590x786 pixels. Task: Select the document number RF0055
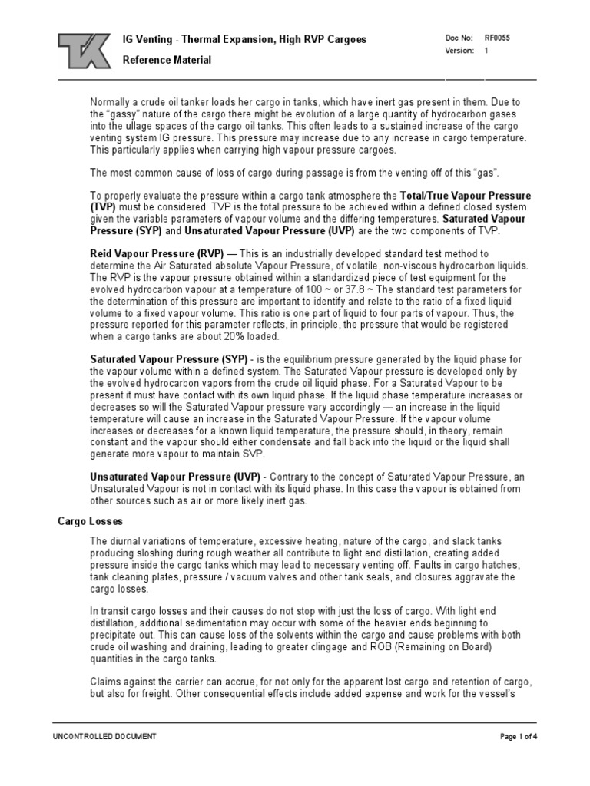point(496,37)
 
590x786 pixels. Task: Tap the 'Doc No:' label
point(458,37)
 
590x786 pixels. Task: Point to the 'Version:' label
point(459,51)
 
